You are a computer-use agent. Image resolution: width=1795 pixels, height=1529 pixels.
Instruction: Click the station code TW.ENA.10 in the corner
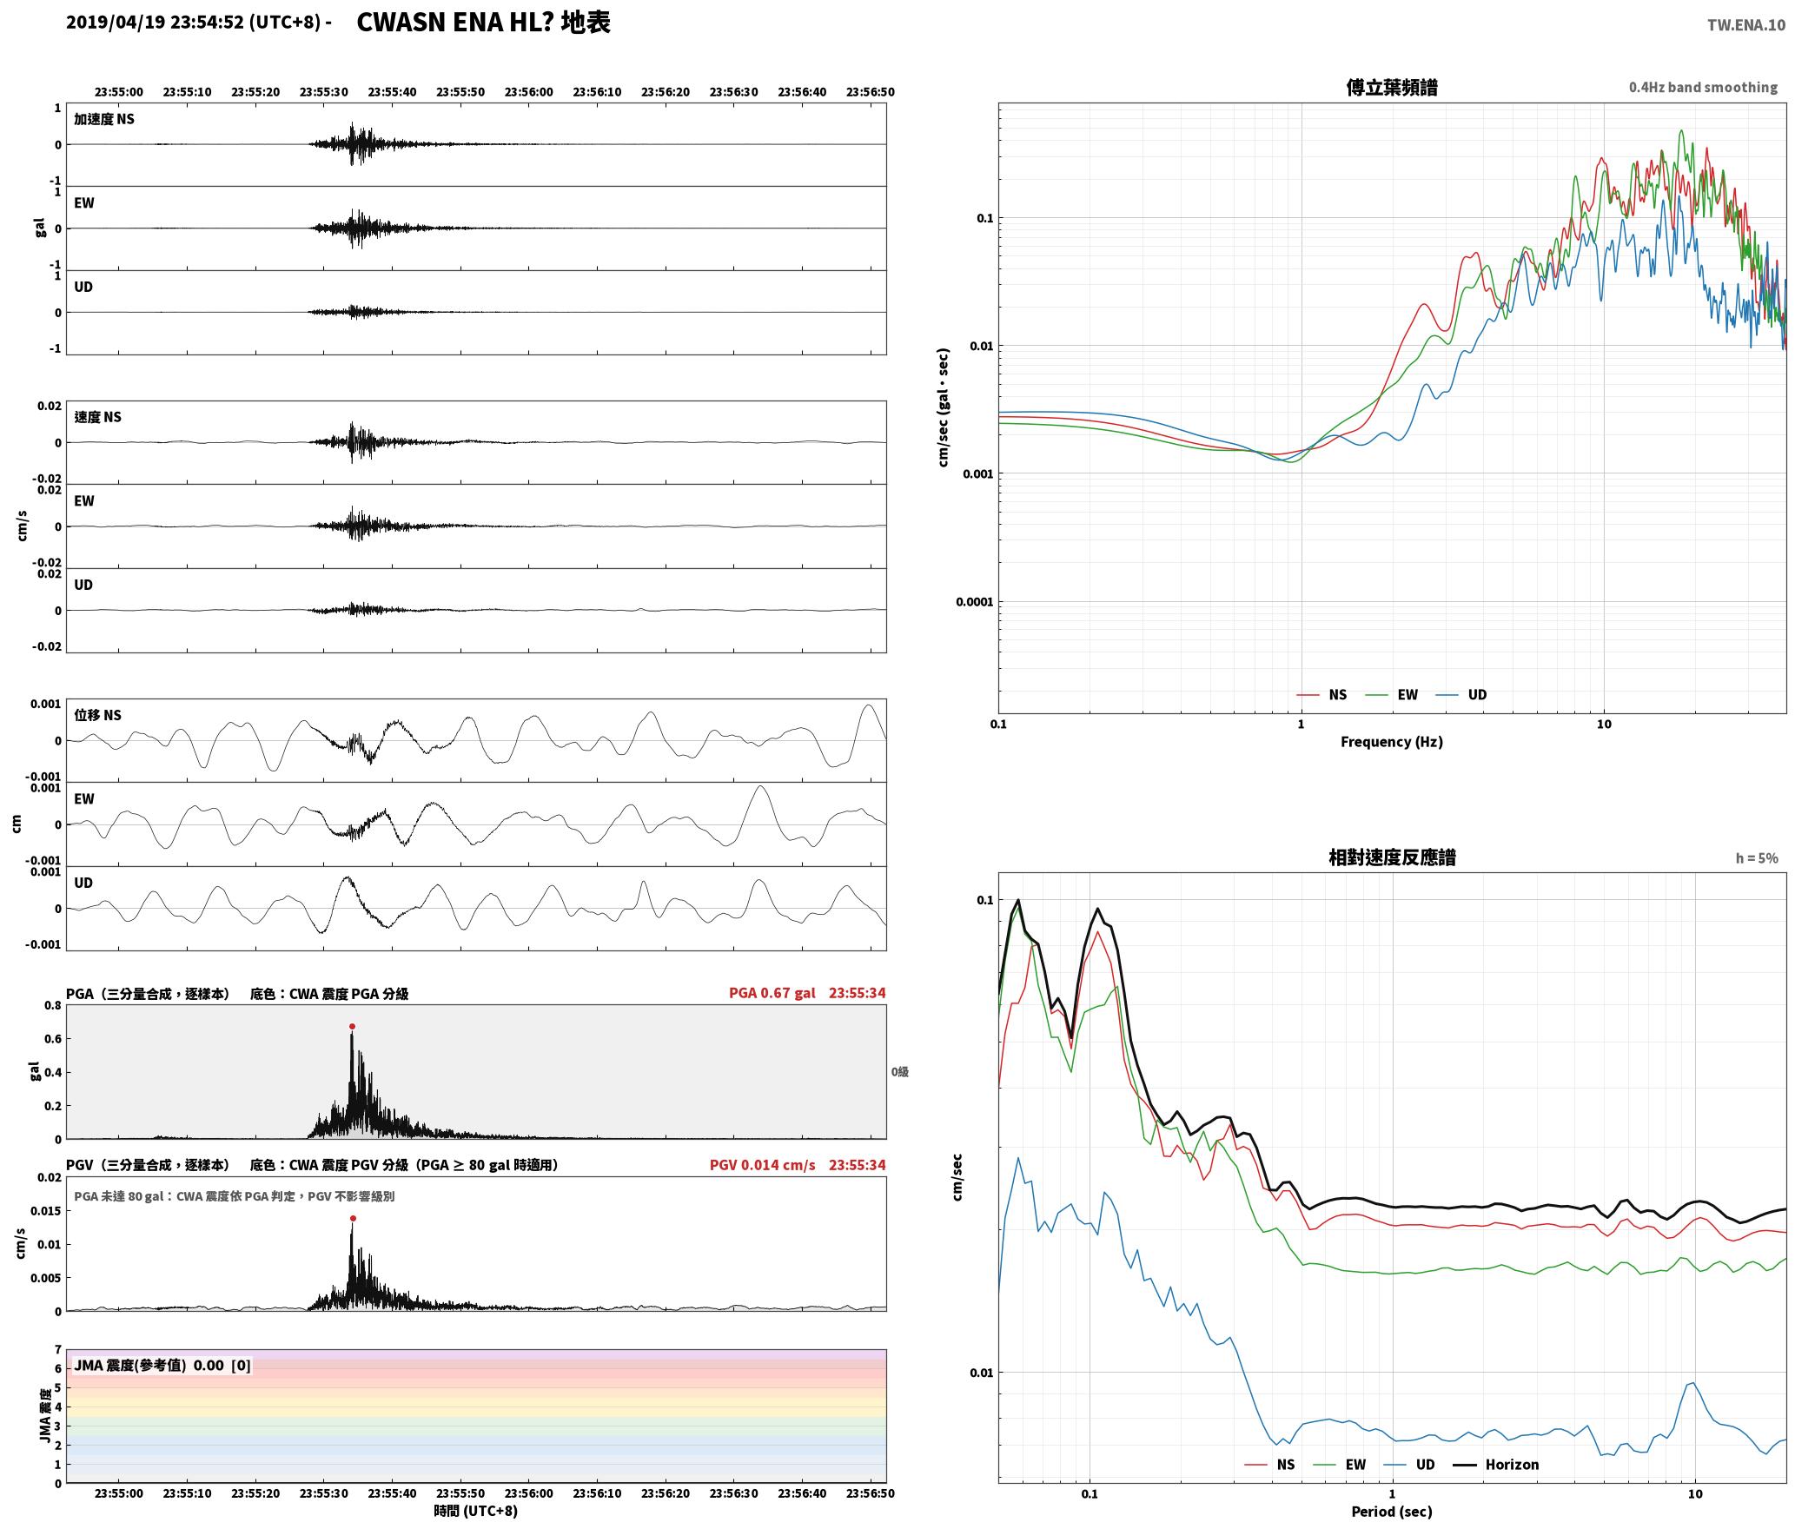[x=1745, y=25]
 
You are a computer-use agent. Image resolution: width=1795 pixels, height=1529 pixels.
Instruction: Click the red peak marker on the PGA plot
[x=352, y=1026]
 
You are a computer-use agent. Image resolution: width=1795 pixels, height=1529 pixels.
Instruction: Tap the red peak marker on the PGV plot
[x=353, y=1218]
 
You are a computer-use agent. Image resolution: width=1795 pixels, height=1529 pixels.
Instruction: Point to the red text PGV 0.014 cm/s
[x=762, y=1165]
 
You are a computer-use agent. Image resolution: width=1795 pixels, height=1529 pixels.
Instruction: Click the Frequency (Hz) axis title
[x=1391, y=741]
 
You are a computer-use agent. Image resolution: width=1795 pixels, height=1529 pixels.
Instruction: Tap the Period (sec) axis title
[x=1391, y=1511]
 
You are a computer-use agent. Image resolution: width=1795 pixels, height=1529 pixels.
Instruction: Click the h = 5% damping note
[x=1757, y=857]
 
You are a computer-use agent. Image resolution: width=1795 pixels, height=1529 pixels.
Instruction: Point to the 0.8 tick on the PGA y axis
[x=53, y=1005]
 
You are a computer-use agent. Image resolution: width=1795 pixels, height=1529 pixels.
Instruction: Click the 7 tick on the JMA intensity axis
[x=58, y=1349]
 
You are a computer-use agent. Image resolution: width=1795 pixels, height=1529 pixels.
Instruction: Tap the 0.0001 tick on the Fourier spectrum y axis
[x=975, y=601]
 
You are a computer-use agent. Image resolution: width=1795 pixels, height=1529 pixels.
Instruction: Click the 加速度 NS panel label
[x=104, y=119]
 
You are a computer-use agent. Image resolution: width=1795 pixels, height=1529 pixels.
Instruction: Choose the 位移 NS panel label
[x=97, y=715]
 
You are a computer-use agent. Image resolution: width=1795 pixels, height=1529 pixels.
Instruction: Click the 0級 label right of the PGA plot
[x=900, y=1071]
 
